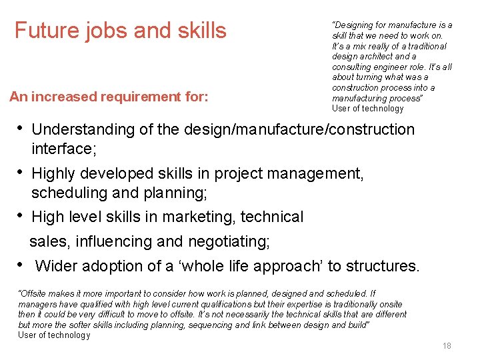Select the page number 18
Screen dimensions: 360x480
[x=447, y=345]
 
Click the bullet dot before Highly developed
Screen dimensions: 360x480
[x=21, y=171]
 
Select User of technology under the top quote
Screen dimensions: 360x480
[x=367, y=109]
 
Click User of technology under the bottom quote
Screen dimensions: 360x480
[x=54, y=335]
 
